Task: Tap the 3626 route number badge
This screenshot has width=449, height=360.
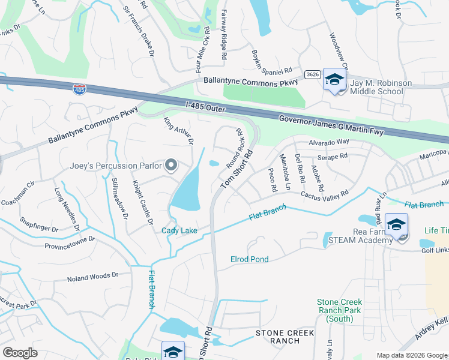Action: pos(312,74)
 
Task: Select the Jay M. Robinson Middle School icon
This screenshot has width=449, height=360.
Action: pos(334,80)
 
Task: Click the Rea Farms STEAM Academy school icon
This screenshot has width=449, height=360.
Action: pos(396,225)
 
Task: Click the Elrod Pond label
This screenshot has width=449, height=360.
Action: pos(249,259)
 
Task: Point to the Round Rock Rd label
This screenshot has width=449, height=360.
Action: pos(234,148)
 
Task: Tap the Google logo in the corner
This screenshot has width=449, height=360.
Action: pos(20,353)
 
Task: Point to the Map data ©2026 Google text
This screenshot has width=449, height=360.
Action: pos(411,355)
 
